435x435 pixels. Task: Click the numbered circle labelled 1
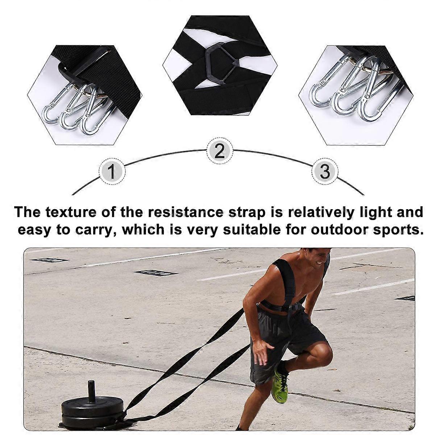(112, 171)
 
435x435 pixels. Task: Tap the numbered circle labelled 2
(220, 151)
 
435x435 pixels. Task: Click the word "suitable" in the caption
(252, 229)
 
